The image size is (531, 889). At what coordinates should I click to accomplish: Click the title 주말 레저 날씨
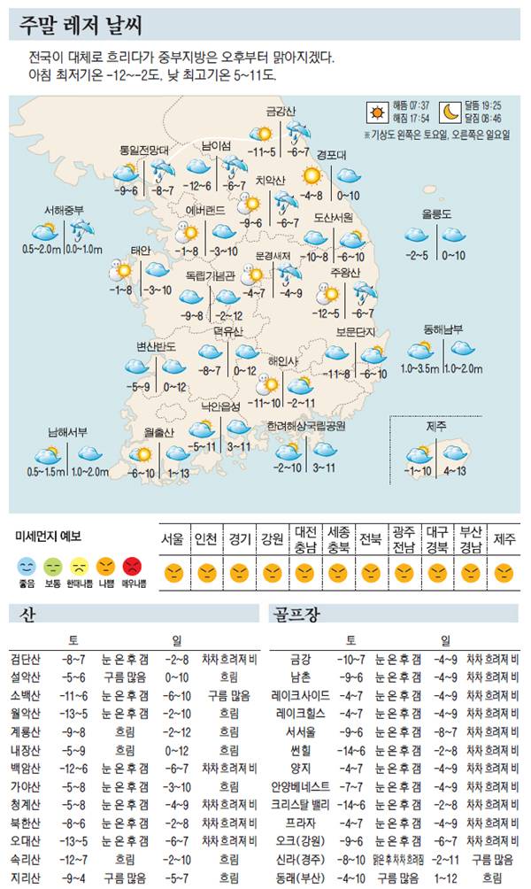pyautogui.click(x=80, y=25)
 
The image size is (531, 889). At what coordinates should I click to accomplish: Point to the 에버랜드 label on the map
pyautogui.click(x=205, y=210)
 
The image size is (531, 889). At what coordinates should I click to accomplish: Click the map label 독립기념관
pyautogui.click(x=211, y=275)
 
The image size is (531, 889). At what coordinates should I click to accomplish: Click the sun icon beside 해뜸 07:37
pyautogui.click(x=377, y=112)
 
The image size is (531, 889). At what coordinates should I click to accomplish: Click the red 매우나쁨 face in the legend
pyautogui.click(x=133, y=564)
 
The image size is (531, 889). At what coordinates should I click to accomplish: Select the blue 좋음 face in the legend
pyautogui.click(x=27, y=564)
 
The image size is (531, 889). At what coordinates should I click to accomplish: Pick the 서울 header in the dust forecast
pyautogui.click(x=172, y=539)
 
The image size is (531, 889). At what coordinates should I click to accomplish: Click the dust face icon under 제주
pyautogui.click(x=504, y=573)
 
